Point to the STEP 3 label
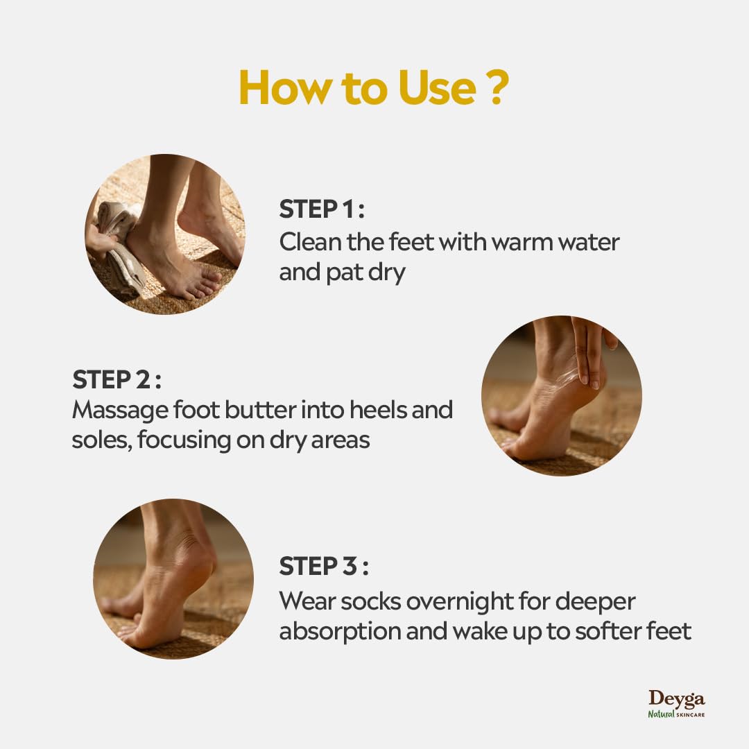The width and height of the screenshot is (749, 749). [323, 567]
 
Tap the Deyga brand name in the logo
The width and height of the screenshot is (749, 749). [676, 698]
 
